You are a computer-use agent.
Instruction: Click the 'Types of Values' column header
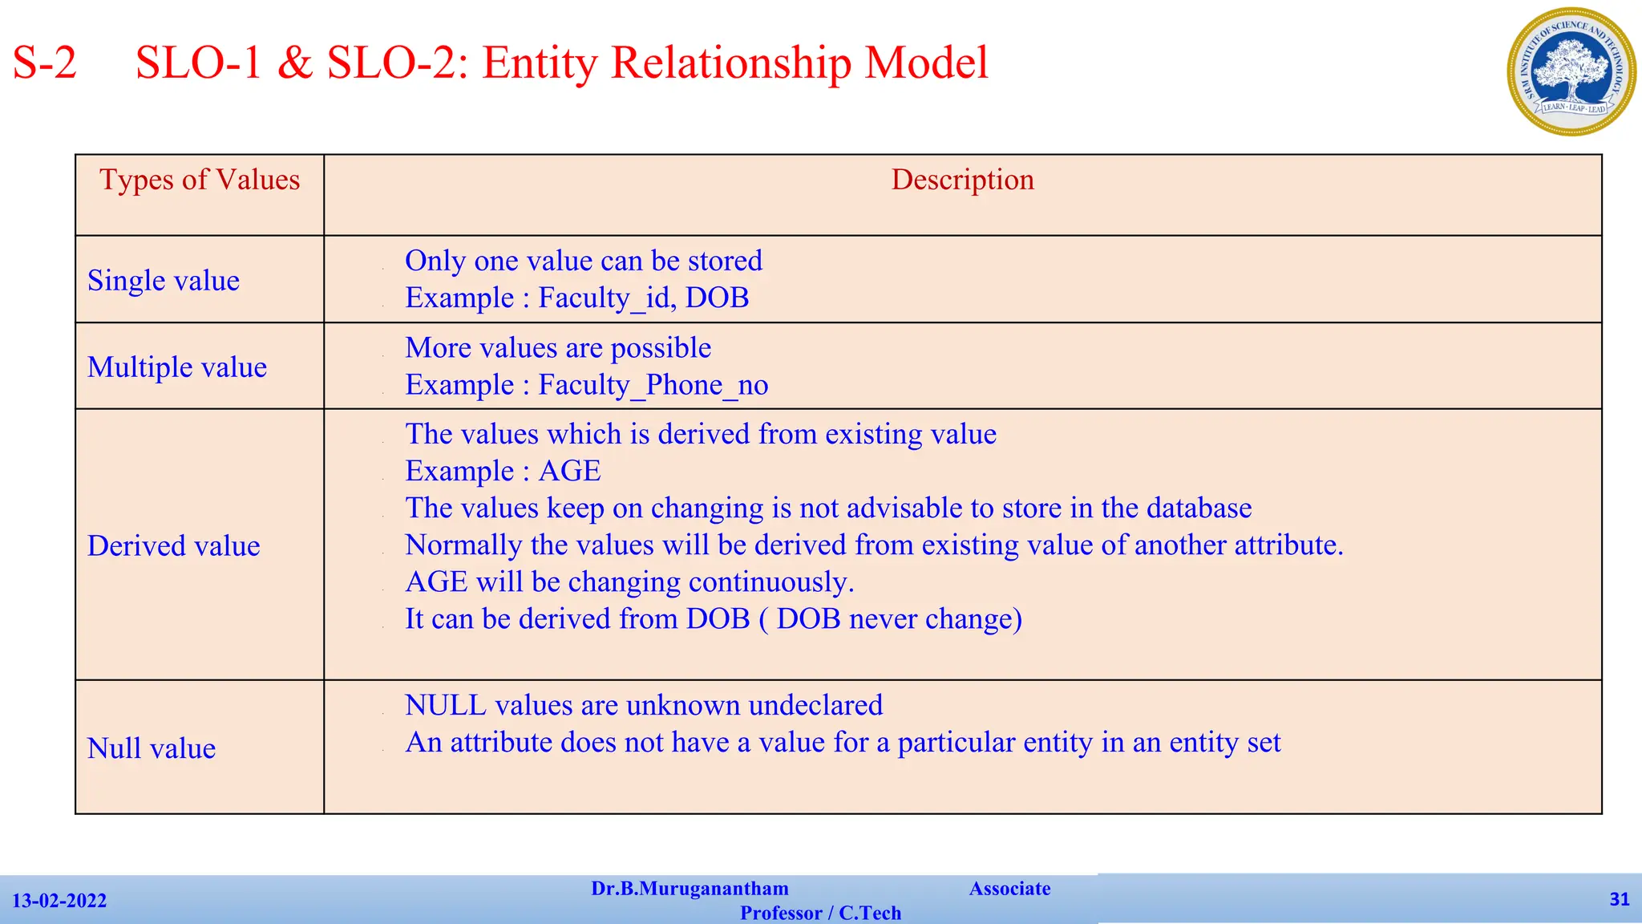[200, 180]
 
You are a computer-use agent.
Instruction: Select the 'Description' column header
[962, 180]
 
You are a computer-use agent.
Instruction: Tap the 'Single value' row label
[164, 281]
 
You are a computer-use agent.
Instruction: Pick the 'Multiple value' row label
[177, 367]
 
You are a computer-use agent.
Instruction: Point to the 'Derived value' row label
[174, 546]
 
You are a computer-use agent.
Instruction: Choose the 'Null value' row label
[152, 748]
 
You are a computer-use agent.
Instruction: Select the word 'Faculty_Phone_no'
[653, 385]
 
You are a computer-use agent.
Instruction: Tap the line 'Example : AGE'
[503, 471]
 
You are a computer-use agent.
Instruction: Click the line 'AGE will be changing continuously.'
[629, 582]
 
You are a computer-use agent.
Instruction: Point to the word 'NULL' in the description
[446, 705]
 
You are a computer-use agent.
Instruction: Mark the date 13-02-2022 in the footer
[59, 901]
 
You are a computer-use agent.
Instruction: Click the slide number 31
[1620, 899]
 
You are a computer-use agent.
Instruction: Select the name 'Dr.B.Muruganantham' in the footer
[690, 889]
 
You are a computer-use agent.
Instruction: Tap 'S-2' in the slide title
[45, 63]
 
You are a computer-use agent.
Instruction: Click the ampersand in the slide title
[294, 63]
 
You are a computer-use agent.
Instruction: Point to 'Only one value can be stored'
[583, 261]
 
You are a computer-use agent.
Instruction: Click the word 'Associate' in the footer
[1009, 889]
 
